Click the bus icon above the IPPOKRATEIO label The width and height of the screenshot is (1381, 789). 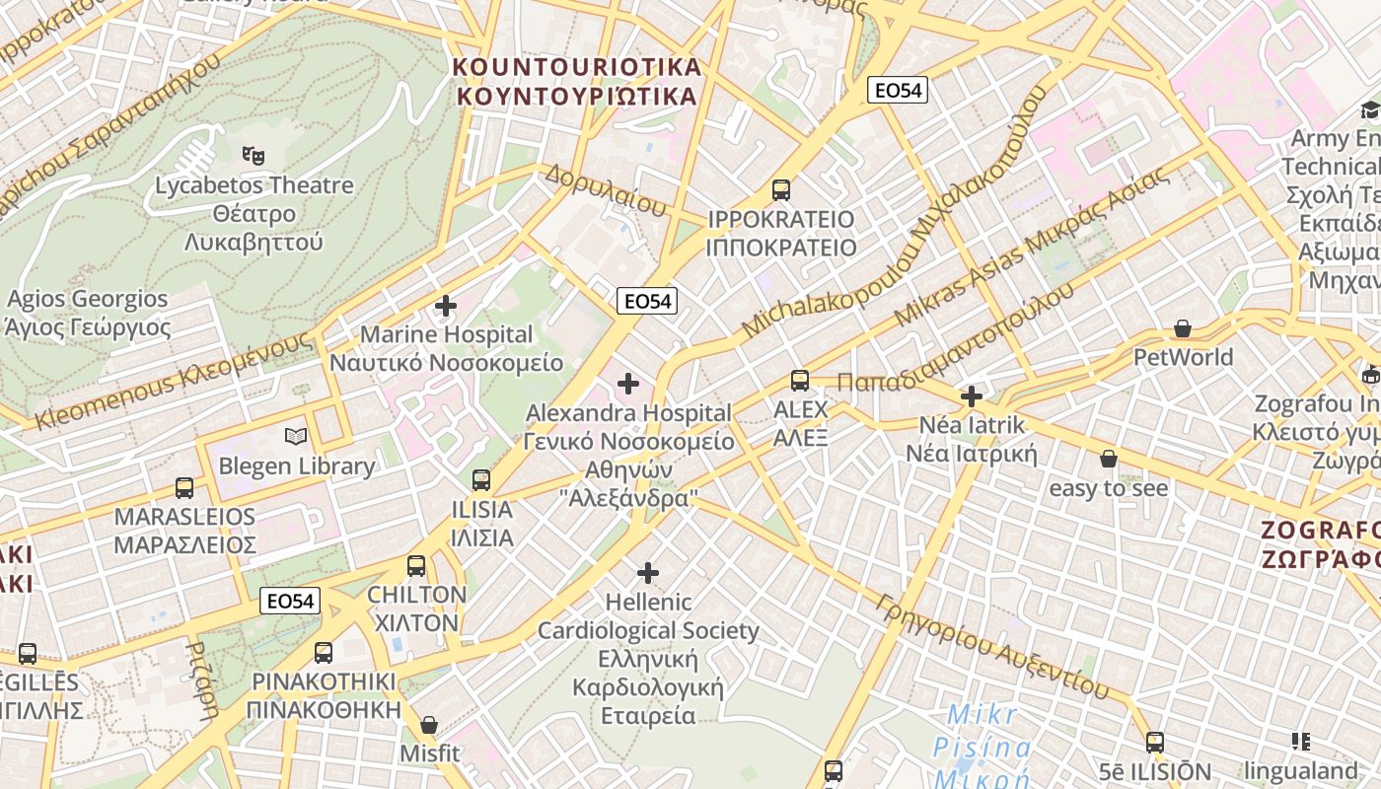[x=781, y=189]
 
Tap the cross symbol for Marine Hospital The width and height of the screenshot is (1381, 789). [x=446, y=306]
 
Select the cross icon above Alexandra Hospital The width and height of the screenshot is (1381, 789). [x=628, y=384]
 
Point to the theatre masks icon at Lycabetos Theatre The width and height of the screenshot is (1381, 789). [x=254, y=155]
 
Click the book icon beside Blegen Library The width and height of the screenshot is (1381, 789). [x=296, y=436]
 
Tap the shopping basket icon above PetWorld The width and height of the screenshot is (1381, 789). [x=1183, y=328]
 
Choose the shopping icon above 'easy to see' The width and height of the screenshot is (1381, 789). [x=1109, y=459]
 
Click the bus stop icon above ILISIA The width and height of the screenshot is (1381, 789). [x=481, y=480]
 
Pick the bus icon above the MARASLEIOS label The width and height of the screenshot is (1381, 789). [x=184, y=487]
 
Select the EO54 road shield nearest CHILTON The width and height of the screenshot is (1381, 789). [x=291, y=601]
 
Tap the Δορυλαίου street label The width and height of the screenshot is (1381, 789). [x=605, y=190]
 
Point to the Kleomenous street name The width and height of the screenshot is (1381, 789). [x=173, y=382]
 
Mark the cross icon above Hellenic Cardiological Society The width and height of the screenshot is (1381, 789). [x=648, y=572]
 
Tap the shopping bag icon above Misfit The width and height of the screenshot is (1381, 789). [x=429, y=725]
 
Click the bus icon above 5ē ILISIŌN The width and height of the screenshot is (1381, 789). [x=1155, y=742]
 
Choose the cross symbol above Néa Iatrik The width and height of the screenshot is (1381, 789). [x=972, y=396]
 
